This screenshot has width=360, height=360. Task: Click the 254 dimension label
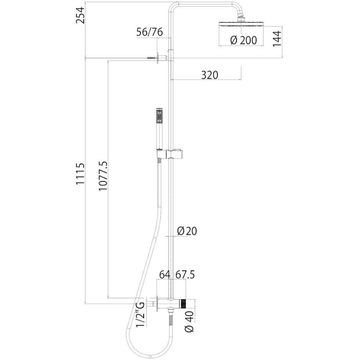tap(81, 15)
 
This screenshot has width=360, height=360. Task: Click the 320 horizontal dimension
tap(209, 75)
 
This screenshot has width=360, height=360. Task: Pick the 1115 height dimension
tap(80, 174)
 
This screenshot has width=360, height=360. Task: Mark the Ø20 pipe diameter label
tap(187, 231)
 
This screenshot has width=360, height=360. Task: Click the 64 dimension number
tap(165, 275)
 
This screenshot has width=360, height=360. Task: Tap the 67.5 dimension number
tap(185, 275)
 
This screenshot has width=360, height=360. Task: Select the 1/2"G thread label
tap(140, 314)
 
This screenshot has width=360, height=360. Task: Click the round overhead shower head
tap(241, 24)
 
